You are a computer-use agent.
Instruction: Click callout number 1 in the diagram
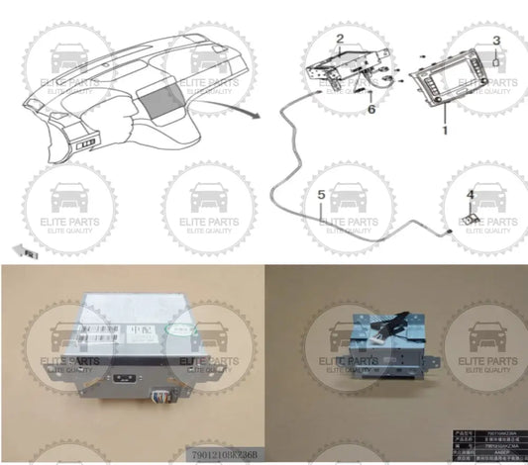[x=445, y=130]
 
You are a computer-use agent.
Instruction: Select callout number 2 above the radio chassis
[x=339, y=41]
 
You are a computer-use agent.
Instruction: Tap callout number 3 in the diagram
[x=496, y=40]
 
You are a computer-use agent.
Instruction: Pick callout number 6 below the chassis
[x=371, y=109]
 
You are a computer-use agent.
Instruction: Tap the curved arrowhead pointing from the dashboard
[x=260, y=115]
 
